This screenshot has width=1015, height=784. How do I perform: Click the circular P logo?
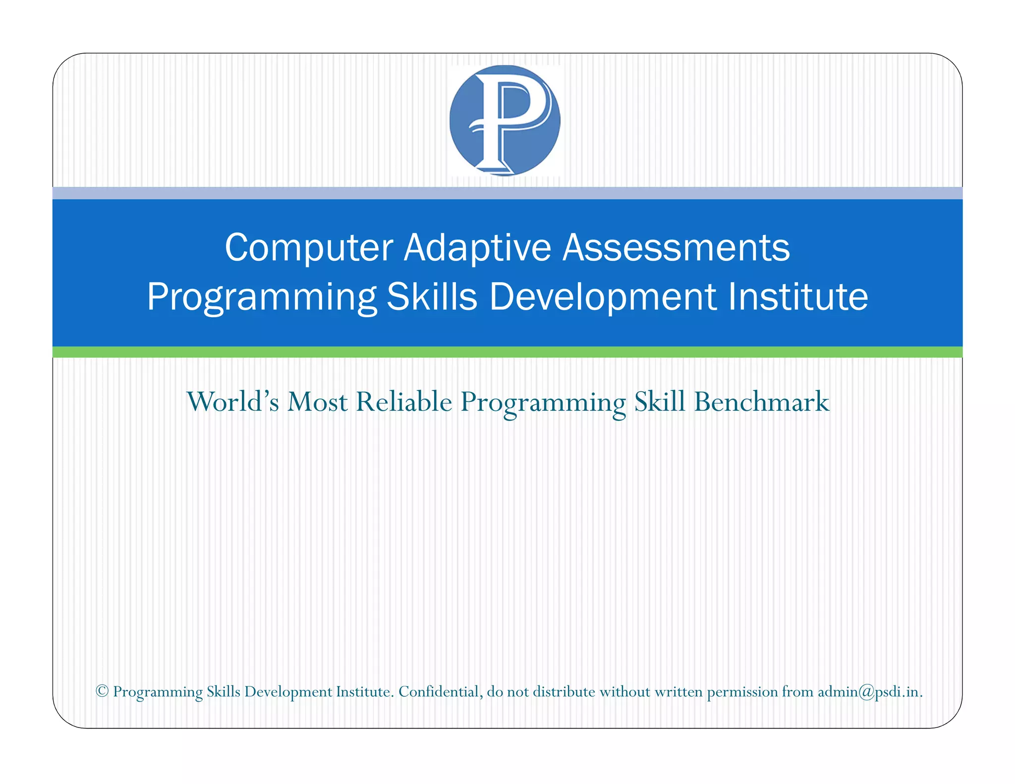point(505,120)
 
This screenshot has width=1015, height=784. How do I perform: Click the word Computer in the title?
point(309,247)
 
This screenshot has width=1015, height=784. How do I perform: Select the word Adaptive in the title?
point(477,247)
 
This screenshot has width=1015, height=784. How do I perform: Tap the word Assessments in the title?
point(676,247)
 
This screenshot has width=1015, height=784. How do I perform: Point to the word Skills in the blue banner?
point(432,297)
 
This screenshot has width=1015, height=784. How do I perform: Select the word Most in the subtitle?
point(317,401)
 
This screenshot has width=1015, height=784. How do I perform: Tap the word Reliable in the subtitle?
point(404,401)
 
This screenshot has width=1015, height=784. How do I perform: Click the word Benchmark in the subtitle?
point(761,401)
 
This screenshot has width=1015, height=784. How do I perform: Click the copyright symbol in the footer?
point(102,691)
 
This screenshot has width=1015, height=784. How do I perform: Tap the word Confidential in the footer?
point(440,691)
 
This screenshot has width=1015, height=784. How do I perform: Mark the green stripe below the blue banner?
point(507,352)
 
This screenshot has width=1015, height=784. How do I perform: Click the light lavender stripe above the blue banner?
point(507,193)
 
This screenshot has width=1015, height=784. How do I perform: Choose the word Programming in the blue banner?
point(262,298)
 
